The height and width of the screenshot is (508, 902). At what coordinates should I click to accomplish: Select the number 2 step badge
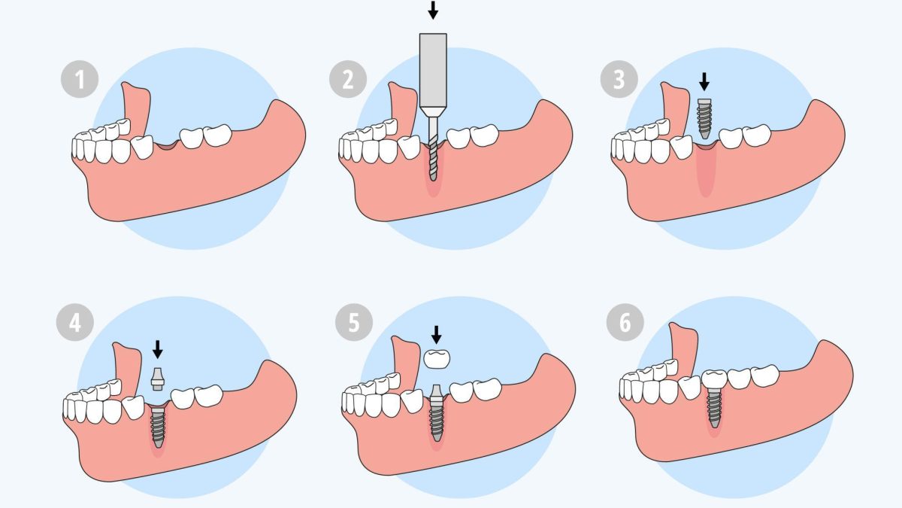click(347, 79)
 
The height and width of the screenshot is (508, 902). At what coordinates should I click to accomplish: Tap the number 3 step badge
click(619, 79)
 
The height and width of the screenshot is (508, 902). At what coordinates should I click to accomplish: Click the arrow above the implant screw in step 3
click(704, 81)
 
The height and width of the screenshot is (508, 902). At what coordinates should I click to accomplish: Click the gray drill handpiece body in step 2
click(433, 71)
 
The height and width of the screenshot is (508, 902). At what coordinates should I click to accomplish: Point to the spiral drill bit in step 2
click(433, 154)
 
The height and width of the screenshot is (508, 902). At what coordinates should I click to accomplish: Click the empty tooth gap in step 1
click(165, 144)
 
